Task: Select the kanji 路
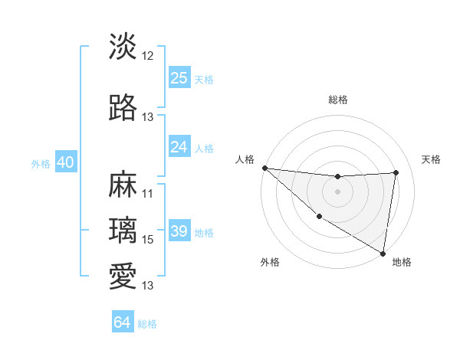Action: click(x=123, y=109)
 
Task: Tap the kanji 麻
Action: click(x=123, y=186)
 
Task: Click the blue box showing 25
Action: click(x=179, y=77)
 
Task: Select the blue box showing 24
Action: click(x=179, y=147)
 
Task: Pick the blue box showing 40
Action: click(x=65, y=162)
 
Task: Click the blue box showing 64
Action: click(x=123, y=322)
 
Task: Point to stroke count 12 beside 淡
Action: click(x=148, y=56)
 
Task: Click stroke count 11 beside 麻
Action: click(x=148, y=194)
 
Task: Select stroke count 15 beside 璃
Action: click(x=148, y=240)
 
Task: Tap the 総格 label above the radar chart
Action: click(x=338, y=100)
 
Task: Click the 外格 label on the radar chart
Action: click(x=270, y=262)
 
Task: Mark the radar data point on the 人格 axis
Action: click(x=264, y=168)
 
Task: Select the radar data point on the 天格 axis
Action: click(x=396, y=172)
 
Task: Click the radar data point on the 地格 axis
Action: click(x=383, y=253)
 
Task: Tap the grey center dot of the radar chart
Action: click(x=337, y=191)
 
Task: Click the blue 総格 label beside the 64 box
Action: click(x=147, y=324)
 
